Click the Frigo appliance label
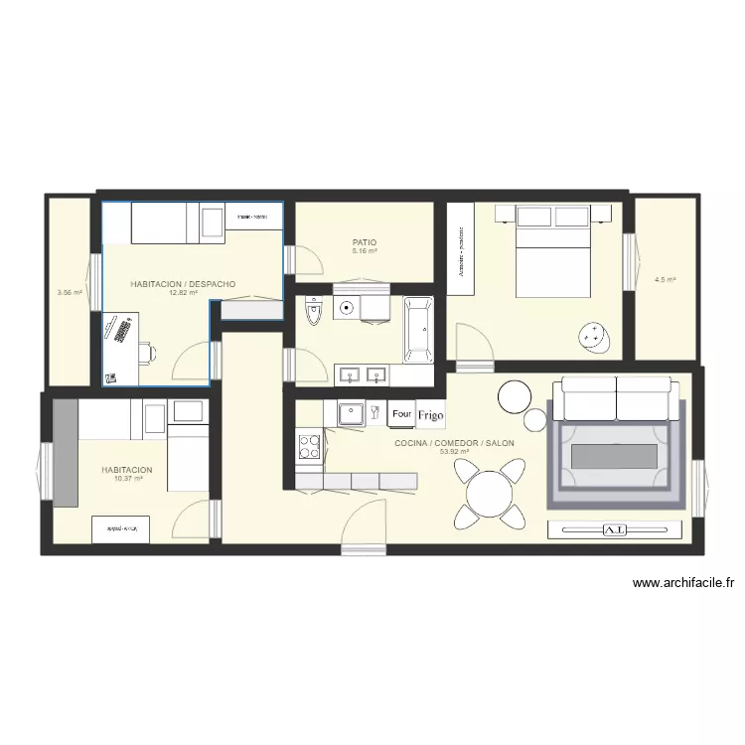pos(431,414)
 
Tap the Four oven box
pos(402,413)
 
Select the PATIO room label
pos(365,242)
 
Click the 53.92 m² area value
pos(454,451)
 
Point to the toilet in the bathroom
pos(315,312)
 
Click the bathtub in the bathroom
pos(418,327)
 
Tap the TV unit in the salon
pos(616,530)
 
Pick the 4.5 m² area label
pos(665,280)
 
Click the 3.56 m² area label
pos(70,292)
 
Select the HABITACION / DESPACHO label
pos(183,284)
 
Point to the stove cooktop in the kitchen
pos(309,444)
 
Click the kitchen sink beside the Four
pos(353,412)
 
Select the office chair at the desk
pos(147,352)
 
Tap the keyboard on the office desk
pos(118,331)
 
